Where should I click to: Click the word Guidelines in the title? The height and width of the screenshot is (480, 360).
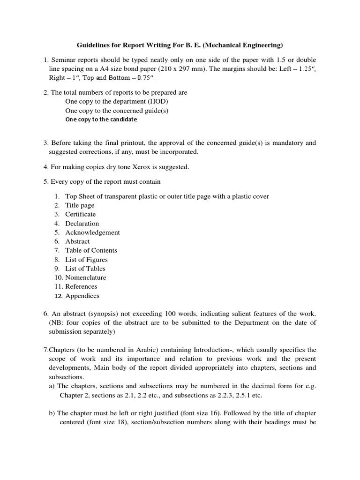94,45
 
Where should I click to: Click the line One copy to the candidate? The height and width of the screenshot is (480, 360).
101,120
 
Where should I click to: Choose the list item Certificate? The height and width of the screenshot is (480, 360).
80,214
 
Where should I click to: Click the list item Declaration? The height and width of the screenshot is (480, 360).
82,224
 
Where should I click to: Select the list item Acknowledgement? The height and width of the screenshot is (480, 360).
92,232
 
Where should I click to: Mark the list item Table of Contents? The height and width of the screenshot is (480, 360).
91,250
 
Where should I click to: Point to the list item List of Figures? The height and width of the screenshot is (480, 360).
86,260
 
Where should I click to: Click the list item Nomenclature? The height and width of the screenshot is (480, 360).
85,277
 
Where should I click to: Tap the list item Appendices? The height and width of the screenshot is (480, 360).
82,296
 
